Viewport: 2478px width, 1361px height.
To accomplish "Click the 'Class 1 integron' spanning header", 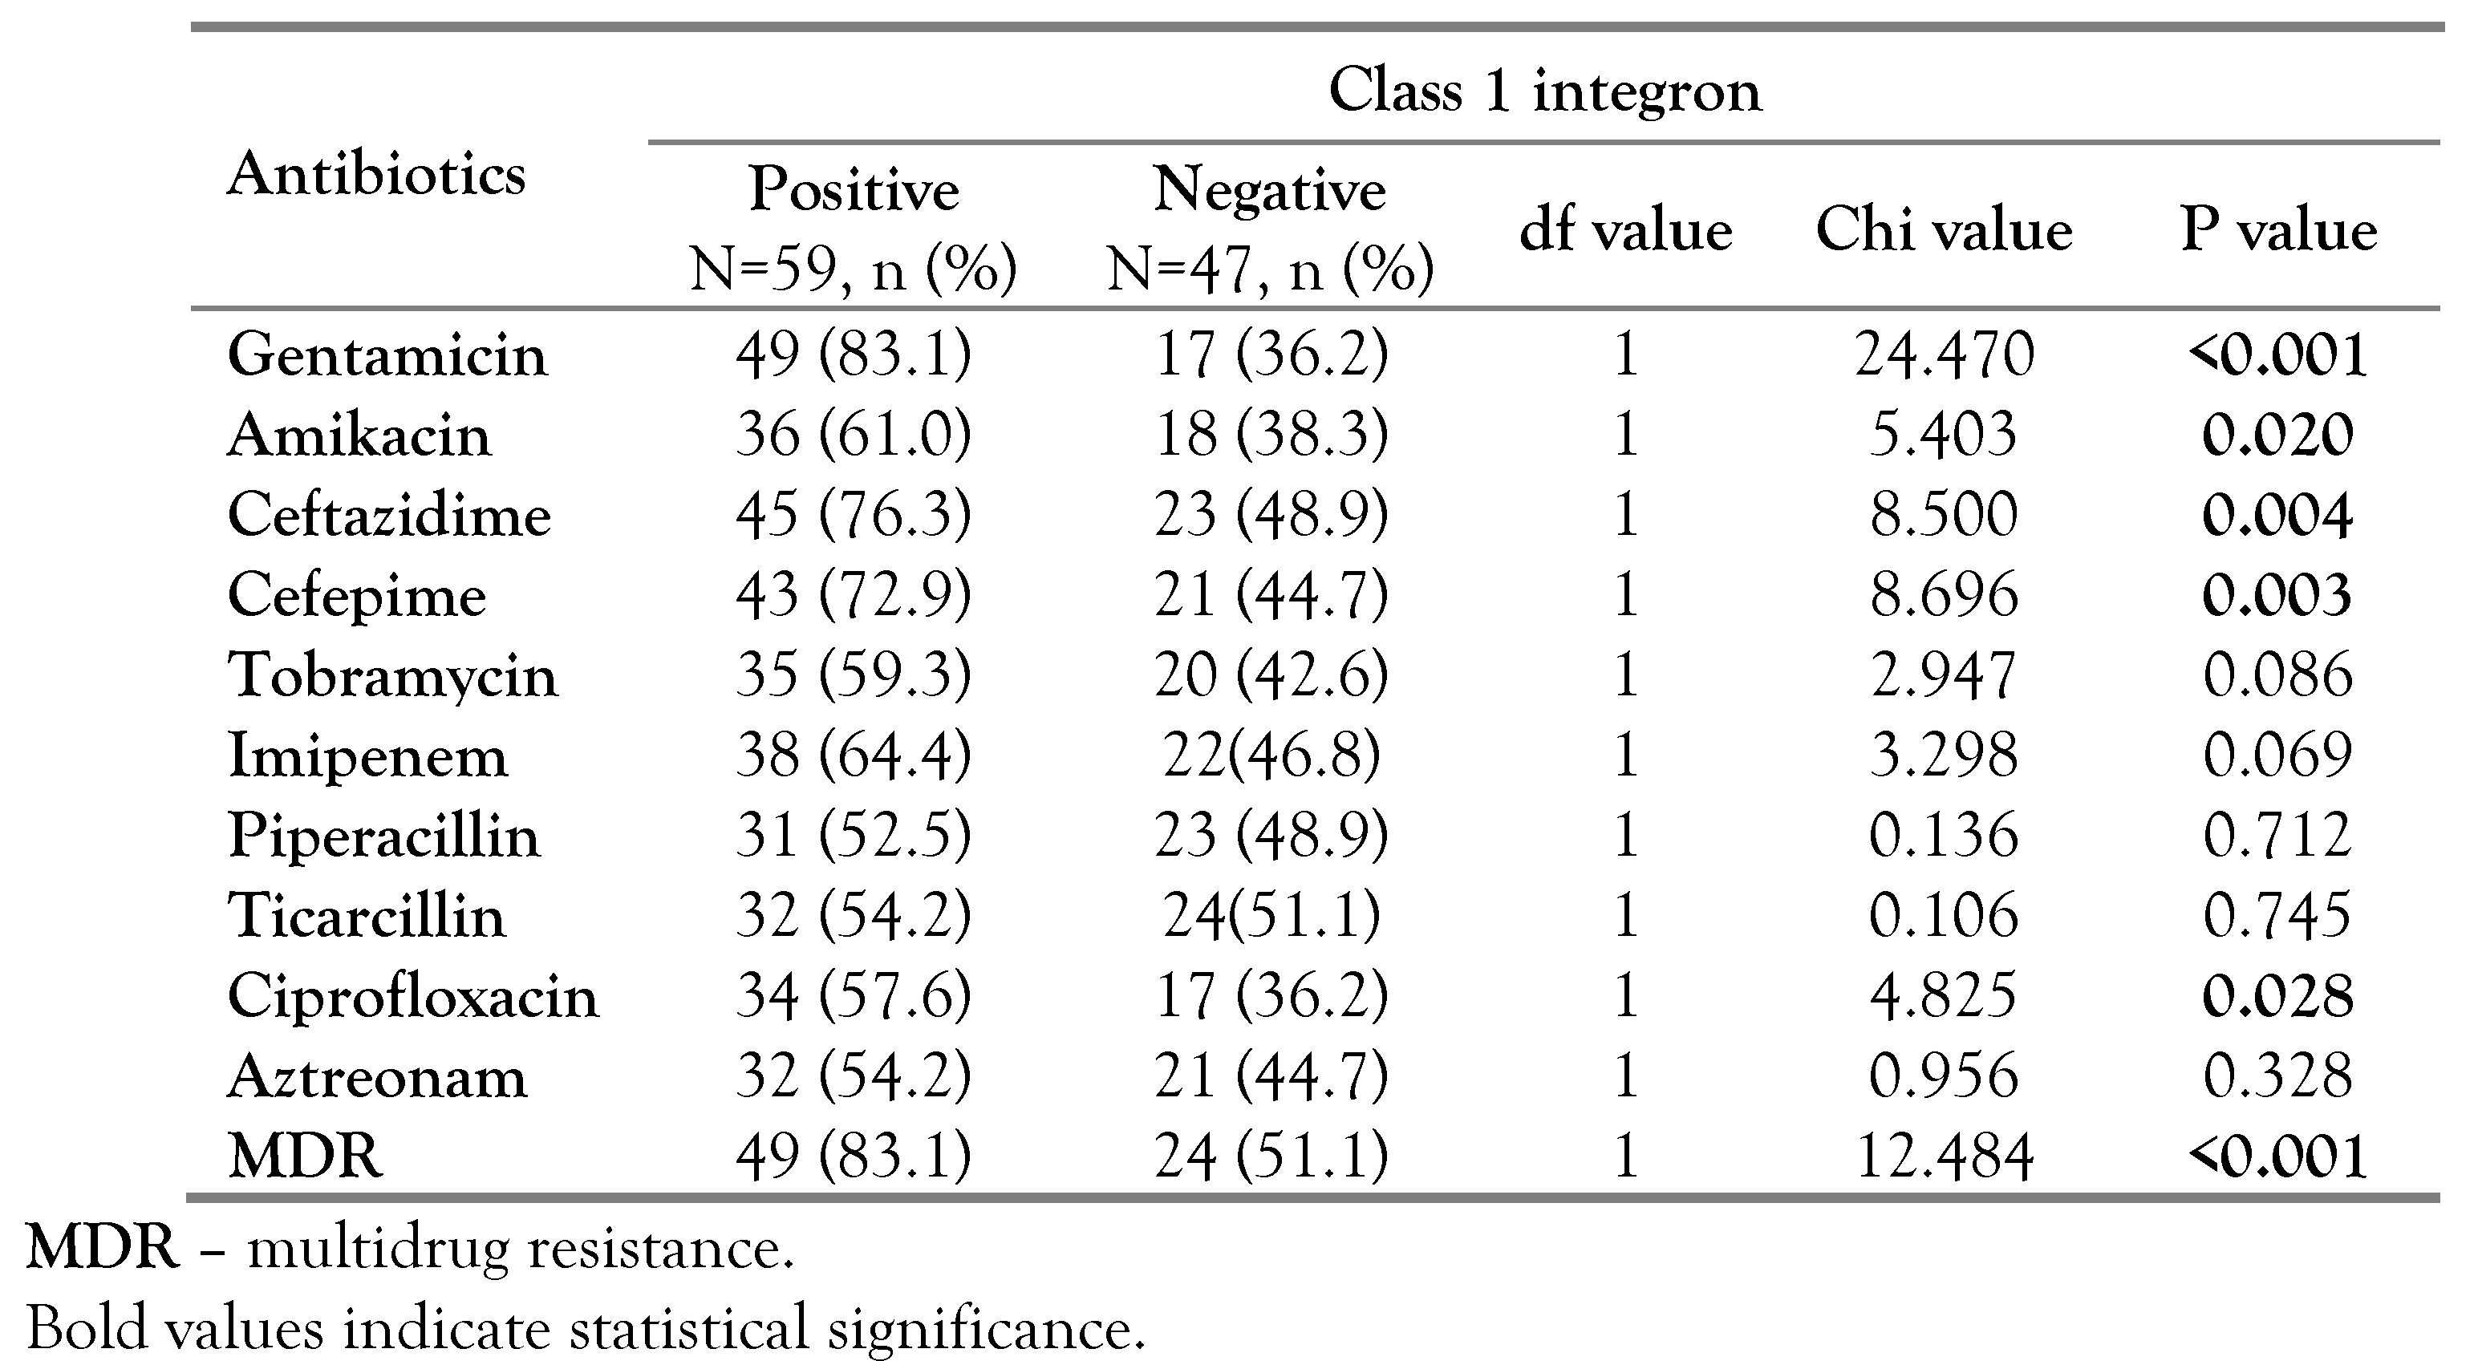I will (x=1545, y=91).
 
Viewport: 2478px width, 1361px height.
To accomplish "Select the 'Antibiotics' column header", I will (x=376, y=175).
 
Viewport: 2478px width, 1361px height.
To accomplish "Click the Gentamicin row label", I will (x=387, y=355).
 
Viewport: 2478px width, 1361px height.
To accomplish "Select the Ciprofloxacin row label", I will (x=412, y=995).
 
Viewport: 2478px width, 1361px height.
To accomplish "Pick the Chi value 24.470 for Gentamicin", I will (x=1943, y=355).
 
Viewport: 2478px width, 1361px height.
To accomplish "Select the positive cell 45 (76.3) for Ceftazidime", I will (x=854, y=515).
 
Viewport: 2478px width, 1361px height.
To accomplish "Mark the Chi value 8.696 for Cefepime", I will (x=1943, y=594).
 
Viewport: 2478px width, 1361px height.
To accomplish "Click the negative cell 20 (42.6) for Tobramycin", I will (x=1271, y=674).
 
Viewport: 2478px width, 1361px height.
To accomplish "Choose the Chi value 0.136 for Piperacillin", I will (x=1943, y=834).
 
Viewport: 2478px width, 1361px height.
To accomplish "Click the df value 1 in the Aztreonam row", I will (x=1626, y=1075).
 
